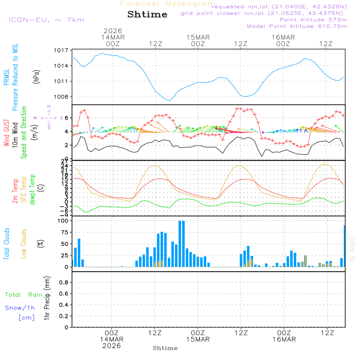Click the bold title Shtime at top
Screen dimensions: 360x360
147,14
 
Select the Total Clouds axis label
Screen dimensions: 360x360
6,244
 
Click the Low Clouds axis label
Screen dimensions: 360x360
24,244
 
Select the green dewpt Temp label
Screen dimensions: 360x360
32,189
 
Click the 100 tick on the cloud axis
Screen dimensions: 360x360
63,221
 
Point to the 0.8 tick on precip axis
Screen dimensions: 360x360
64,282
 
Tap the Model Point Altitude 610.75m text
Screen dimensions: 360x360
297,26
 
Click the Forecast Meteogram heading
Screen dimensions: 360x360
168,4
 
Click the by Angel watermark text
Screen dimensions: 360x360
352,249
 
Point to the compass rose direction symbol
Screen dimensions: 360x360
49,117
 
